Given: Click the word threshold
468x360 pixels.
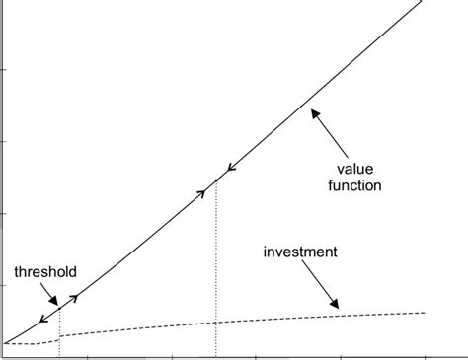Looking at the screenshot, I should point(45,271).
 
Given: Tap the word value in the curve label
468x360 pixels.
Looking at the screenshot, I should point(364,167).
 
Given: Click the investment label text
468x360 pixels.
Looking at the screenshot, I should point(300,252).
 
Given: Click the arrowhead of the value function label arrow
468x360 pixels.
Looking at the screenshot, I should point(314,113).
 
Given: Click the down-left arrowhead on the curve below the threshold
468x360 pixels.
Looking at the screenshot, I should point(43,320).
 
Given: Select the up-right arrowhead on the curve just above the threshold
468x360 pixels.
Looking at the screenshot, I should point(74,295).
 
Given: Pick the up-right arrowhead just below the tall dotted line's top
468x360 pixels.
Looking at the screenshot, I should point(204,190).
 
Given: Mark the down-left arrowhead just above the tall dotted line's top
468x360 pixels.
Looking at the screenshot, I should point(230,168).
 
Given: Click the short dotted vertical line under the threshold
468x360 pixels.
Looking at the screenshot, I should point(59,330).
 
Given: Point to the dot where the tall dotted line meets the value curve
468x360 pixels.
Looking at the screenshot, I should point(216,180).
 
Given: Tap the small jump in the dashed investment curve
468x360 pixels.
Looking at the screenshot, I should point(59,338).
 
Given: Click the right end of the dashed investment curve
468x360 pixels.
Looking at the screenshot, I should point(425,313).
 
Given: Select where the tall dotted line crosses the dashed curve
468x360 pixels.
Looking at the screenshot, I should point(216,323).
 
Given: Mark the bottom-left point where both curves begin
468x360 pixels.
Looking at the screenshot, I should point(5,343).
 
